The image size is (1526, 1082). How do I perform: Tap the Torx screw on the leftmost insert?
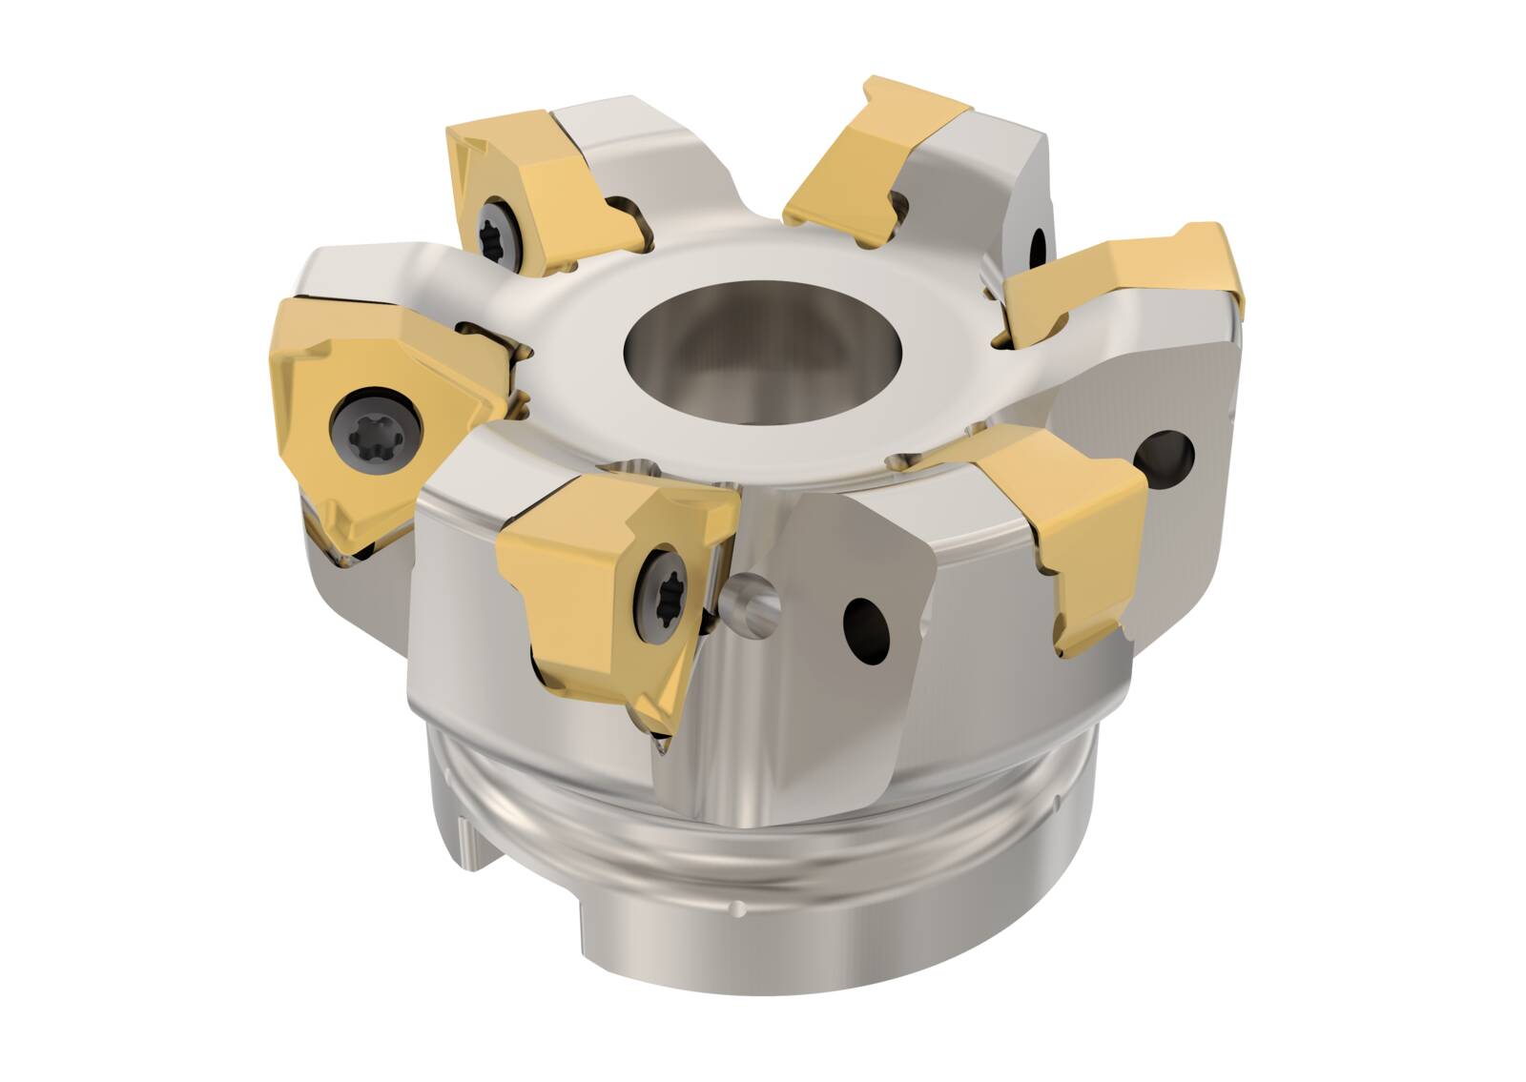point(375,421)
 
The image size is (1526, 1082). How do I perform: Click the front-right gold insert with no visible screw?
point(1078,534)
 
